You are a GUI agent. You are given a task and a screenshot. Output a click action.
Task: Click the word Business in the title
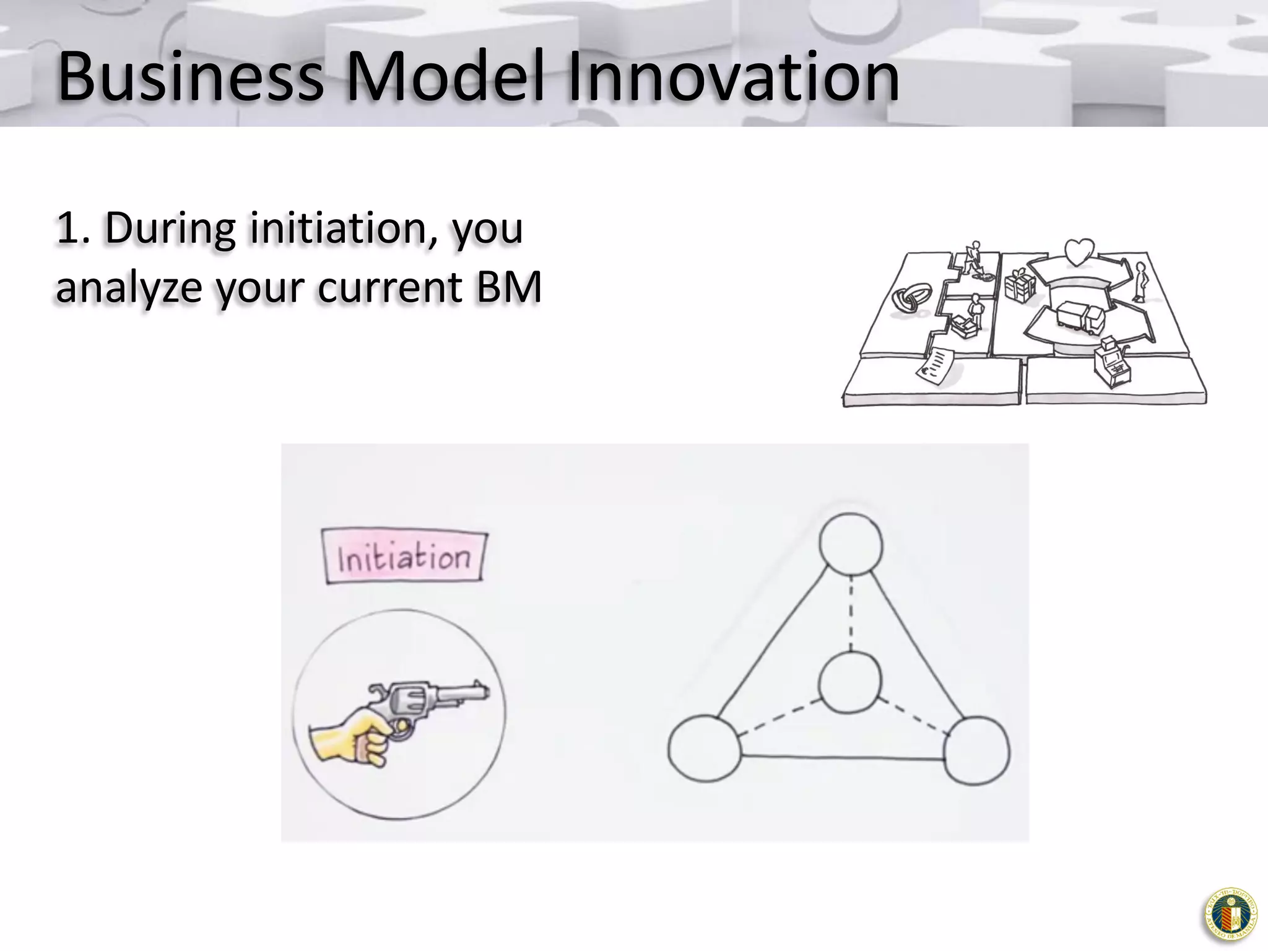[x=190, y=77]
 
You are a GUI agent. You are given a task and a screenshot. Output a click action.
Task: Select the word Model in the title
[x=445, y=77]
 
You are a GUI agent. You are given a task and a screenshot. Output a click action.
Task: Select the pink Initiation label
[x=404, y=557]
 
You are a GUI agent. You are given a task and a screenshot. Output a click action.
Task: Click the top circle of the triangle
[x=851, y=544]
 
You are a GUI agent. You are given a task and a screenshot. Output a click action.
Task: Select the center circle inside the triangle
[x=849, y=683]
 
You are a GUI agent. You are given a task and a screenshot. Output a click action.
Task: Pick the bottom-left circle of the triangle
[x=705, y=748]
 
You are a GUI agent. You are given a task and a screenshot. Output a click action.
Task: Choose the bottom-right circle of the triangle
[x=977, y=750]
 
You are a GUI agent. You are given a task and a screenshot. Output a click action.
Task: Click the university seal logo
[x=1230, y=914]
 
